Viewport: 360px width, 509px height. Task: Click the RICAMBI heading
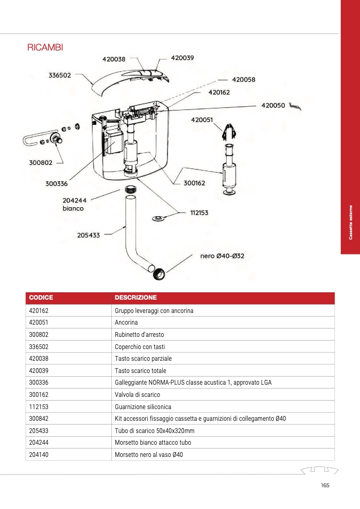(45, 48)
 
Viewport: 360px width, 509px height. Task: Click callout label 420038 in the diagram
(114, 59)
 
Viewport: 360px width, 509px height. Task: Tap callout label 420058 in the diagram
(244, 80)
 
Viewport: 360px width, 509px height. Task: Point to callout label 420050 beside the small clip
(273, 105)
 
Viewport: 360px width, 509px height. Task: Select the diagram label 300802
(40, 163)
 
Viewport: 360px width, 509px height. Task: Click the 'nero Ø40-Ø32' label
(222, 256)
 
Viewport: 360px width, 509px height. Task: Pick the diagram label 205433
(88, 235)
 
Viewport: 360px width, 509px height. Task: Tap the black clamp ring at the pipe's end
(158, 275)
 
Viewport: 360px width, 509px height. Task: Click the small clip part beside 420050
(296, 107)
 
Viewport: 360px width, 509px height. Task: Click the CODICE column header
(41, 298)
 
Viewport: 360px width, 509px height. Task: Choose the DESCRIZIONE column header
(136, 298)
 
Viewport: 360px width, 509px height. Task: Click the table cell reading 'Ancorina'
(126, 323)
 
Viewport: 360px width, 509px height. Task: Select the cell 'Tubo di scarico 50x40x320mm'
(154, 430)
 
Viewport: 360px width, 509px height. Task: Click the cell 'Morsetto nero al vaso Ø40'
(149, 454)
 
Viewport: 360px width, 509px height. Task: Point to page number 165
(325, 485)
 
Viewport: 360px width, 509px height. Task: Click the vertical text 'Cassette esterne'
(350, 222)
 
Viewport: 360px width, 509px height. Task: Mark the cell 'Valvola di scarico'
(137, 395)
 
